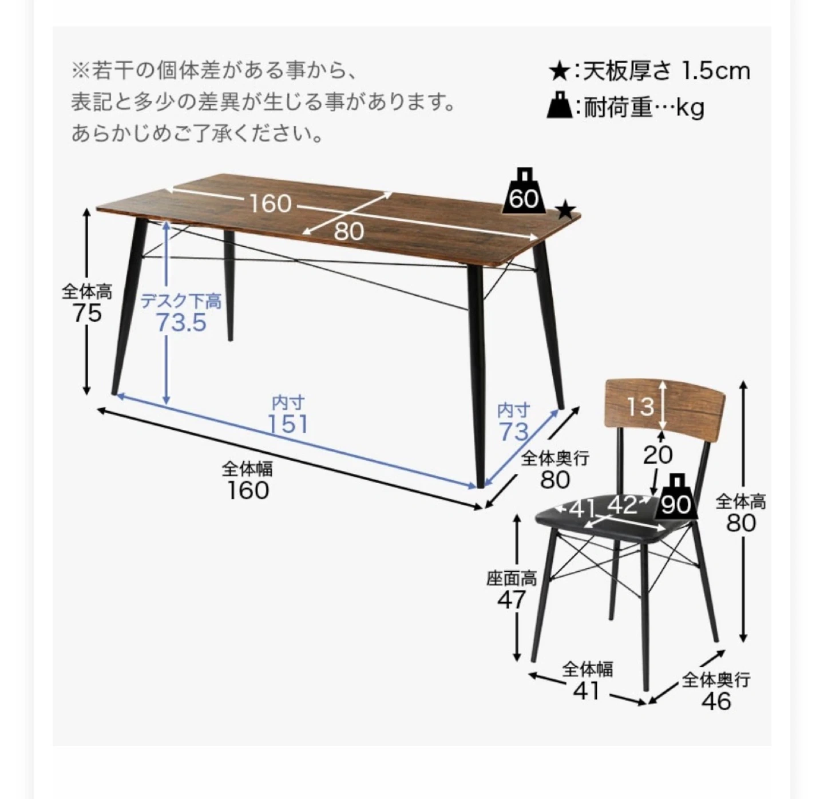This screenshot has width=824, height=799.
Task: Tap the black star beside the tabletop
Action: click(x=566, y=211)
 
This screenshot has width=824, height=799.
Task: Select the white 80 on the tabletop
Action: click(x=349, y=231)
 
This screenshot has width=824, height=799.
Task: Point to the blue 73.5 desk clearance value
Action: click(x=181, y=323)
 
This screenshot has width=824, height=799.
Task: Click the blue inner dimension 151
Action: click(x=288, y=424)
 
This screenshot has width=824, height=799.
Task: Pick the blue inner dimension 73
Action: click(x=514, y=432)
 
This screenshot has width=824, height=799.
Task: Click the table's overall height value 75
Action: click(x=88, y=314)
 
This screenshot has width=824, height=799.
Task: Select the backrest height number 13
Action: click(x=640, y=406)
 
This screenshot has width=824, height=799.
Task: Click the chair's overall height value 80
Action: click(x=741, y=523)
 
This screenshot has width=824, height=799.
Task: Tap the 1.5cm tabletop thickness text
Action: click(x=716, y=71)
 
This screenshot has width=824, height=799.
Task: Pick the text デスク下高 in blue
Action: click(x=181, y=302)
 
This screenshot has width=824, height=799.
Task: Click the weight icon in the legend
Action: click(x=560, y=104)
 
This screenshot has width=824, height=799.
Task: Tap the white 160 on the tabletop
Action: click(x=271, y=204)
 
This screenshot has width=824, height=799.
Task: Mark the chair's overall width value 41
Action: click(x=587, y=691)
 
